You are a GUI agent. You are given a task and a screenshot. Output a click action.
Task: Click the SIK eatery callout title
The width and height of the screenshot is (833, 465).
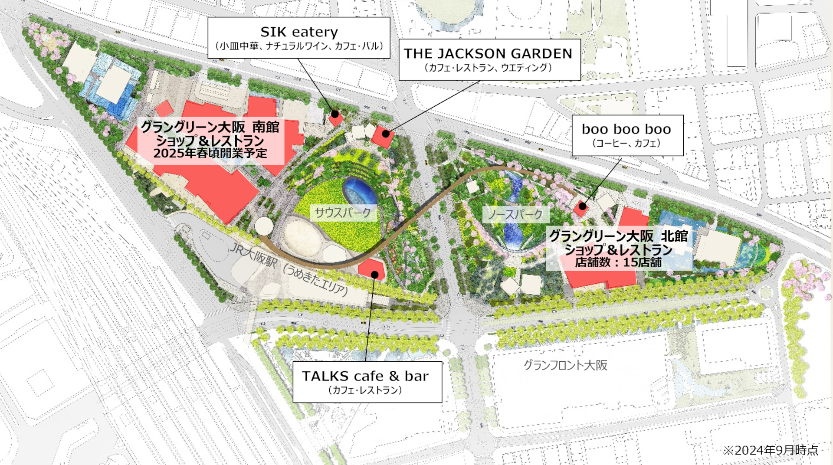299,32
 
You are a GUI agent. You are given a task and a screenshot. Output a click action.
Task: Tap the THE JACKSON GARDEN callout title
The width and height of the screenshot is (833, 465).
488,54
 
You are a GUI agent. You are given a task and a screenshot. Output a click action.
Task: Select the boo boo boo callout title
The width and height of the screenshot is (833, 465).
626,129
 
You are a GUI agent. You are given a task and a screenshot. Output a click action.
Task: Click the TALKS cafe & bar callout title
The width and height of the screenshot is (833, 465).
365,376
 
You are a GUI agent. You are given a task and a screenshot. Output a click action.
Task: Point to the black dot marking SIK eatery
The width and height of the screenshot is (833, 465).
335,114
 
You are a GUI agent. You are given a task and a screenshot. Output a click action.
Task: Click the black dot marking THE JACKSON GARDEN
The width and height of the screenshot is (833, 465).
386,134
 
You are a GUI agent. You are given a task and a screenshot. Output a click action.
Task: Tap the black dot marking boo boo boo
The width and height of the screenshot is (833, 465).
582,206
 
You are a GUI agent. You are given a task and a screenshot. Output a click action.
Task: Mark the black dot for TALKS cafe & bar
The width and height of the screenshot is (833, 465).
374,275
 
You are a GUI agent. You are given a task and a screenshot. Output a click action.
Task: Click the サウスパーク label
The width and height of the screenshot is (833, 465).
343,213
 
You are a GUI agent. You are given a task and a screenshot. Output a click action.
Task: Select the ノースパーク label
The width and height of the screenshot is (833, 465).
515,214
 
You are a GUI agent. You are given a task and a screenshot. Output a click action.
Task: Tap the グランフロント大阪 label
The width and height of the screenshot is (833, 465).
565,365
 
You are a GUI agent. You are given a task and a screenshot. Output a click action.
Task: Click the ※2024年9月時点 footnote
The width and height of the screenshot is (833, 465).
771,450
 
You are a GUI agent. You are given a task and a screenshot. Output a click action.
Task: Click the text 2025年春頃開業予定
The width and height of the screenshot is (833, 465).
210,153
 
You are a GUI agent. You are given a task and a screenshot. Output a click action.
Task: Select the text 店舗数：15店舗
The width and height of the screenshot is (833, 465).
618,262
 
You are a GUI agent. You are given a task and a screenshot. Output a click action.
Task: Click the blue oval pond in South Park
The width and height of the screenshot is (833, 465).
360,191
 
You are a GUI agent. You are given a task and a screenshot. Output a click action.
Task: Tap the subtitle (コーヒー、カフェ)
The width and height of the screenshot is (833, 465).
626,143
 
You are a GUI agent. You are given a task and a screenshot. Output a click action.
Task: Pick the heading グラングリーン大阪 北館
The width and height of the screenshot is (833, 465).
618,236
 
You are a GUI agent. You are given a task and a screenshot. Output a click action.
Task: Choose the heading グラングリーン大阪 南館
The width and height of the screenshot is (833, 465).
210,127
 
